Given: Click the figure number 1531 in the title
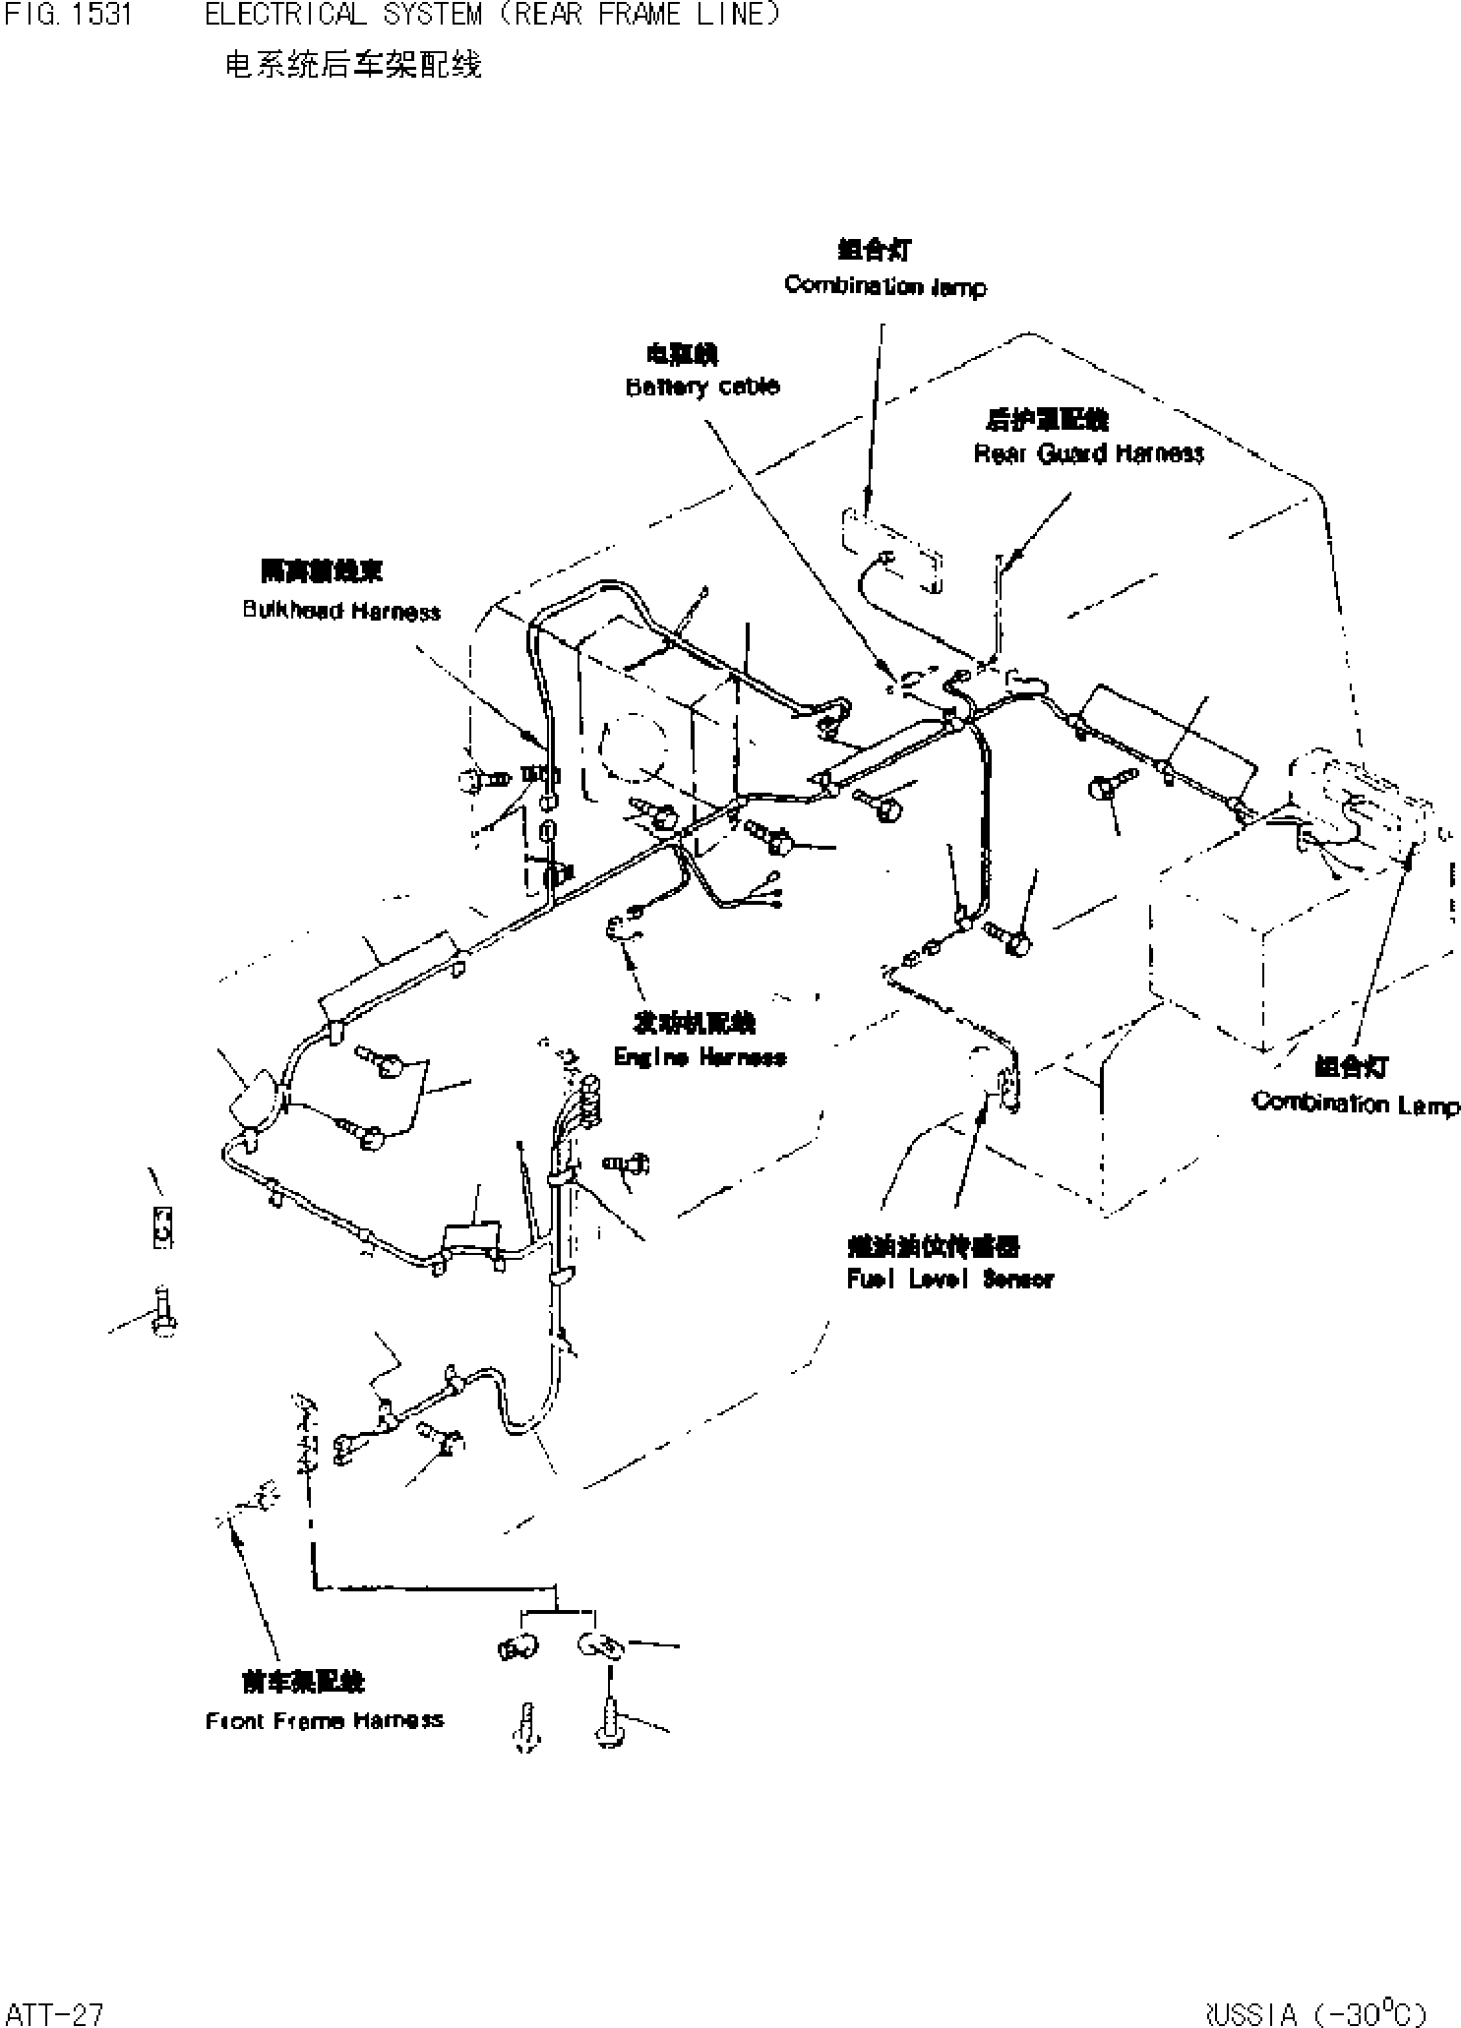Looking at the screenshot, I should click(x=101, y=15).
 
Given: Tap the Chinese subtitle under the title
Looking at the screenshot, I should click(x=353, y=65).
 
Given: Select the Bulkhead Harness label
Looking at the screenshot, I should click(x=341, y=611).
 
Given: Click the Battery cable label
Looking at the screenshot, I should click(x=702, y=387).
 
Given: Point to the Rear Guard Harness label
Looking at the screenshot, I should click(x=1088, y=453).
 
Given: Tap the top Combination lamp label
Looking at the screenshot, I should click(x=884, y=286).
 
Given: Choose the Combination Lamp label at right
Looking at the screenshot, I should click(x=1355, y=1103).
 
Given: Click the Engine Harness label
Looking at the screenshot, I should click(x=700, y=1057).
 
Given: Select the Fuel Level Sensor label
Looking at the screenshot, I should click(x=949, y=1279).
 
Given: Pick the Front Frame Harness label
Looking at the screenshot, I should click(x=325, y=1721).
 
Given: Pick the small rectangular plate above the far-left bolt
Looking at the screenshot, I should click(x=163, y=1227).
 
